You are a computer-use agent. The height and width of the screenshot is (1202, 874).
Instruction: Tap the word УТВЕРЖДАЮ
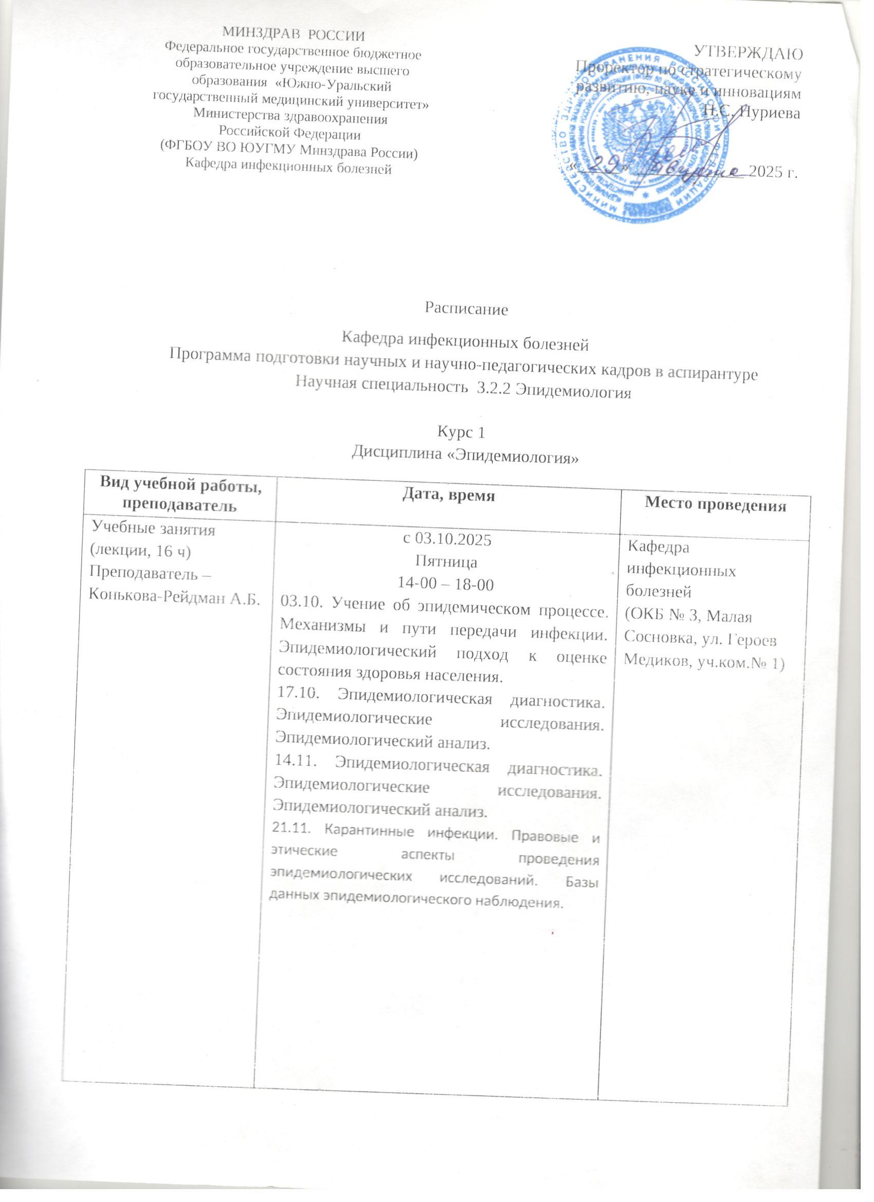click(747, 52)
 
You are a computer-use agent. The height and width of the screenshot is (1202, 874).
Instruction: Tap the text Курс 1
click(461, 432)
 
